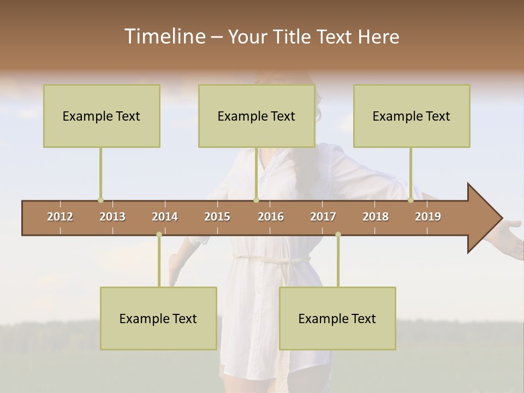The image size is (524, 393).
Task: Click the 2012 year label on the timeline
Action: pyautogui.click(x=60, y=217)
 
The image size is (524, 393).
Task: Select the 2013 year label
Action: pyautogui.click(x=112, y=217)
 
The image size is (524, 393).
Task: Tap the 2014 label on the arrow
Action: pyautogui.click(x=165, y=217)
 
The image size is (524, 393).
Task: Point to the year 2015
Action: pyautogui.click(x=217, y=217)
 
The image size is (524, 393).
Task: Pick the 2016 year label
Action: pyautogui.click(x=271, y=217)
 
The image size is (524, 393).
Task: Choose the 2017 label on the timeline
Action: pyautogui.click(x=323, y=217)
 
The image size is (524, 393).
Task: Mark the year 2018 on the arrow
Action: pyautogui.click(x=376, y=217)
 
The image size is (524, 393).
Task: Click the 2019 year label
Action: pyautogui.click(x=428, y=217)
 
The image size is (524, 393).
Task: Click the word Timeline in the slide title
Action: pyautogui.click(x=164, y=37)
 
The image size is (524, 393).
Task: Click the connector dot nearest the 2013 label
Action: pyautogui.click(x=100, y=200)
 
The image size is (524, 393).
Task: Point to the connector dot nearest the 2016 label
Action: pyautogui.click(x=256, y=200)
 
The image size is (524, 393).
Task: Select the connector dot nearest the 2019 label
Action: pyautogui.click(x=411, y=200)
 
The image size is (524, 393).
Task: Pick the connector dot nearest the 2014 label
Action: pyautogui.click(x=159, y=235)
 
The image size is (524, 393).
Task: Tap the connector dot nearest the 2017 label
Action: pyautogui.click(x=338, y=235)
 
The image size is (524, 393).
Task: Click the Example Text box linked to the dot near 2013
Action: pyautogui.click(x=102, y=116)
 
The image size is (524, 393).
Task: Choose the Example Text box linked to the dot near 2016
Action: pyautogui.click(x=257, y=116)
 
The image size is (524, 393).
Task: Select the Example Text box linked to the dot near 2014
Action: pyautogui.click(x=158, y=319)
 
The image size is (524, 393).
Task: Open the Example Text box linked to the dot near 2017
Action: pyautogui.click(x=337, y=319)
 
